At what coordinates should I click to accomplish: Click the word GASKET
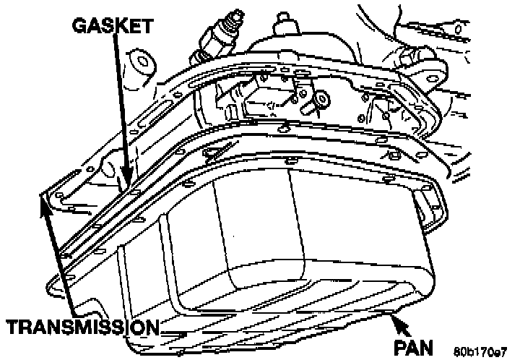click(x=112, y=27)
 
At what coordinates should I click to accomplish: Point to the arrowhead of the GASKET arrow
click(x=126, y=181)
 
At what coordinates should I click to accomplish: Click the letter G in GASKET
click(x=79, y=27)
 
